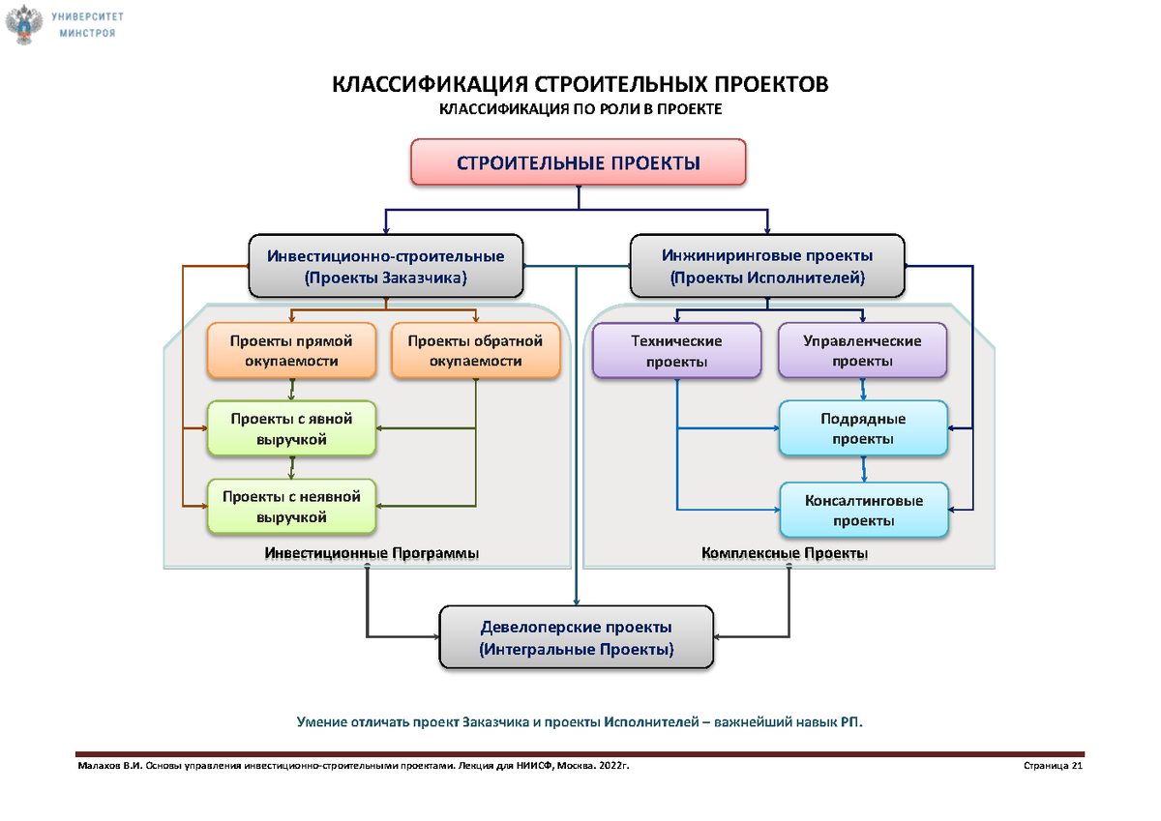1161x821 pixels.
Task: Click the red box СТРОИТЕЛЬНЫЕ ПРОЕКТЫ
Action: click(579, 161)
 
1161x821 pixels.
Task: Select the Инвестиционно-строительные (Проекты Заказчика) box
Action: click(385, 267)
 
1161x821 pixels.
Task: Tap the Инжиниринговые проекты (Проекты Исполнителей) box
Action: click(767, 267)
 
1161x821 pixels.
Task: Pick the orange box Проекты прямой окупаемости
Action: click(290, 351)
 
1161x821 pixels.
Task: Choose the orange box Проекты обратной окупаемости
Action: click(475, 351)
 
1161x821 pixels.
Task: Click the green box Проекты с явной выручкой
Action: click(290, 428)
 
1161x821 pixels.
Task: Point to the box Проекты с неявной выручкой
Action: click(290, 507)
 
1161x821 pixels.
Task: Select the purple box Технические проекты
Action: click(676, 351)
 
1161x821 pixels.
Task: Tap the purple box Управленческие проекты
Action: click(862, 351)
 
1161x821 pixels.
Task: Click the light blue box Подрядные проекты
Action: click(863, 429)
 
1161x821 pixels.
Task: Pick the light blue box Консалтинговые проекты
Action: click(863, 511)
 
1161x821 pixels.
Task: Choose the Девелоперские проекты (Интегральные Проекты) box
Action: click(577, 638)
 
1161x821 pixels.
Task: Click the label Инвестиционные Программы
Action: click(372, 553)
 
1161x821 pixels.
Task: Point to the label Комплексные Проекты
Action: click(785, 553)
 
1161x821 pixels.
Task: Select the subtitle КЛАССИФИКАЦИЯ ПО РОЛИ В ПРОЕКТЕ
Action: click(580, 110)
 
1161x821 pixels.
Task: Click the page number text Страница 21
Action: click(1052, 767)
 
